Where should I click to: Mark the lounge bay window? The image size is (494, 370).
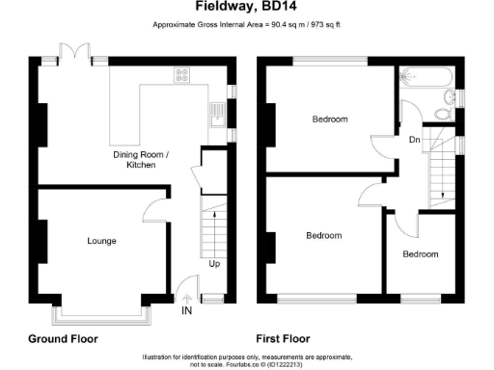[x=100, y=310]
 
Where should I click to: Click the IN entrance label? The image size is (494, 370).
[x=185, y=310]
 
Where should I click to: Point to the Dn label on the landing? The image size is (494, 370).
[x=414, y=141]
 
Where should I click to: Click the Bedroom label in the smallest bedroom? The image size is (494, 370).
[x=420, y=254]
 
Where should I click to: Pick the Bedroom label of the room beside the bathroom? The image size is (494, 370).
[x=329, y=119]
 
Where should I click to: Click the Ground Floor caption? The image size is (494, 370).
[x=60, y=338]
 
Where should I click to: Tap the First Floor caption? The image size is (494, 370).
[x=282, y=338]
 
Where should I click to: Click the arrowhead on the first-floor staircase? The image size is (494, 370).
[x=442, y=197]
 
